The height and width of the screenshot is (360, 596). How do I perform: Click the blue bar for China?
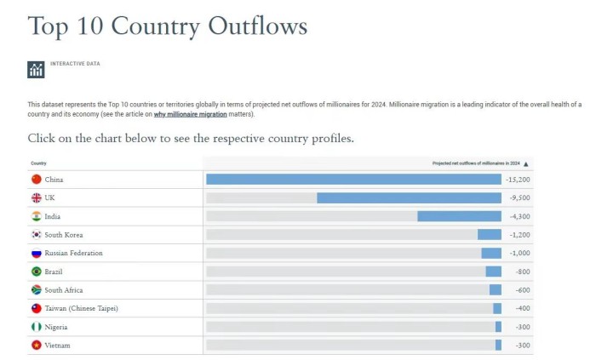click(353, 180)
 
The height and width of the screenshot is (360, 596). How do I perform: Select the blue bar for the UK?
click(409, 197)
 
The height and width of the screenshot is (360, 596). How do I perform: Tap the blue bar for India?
click(459, 216)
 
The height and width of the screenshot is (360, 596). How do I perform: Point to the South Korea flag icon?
click(36, 235)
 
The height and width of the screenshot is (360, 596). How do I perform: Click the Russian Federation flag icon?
click(36, 253)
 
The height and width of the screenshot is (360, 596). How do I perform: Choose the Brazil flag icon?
click(36, 271)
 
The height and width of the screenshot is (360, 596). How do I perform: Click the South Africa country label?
click(64, 290)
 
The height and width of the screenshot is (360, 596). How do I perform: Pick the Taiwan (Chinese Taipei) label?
click(81, 308)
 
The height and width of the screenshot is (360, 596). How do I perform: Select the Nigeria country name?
click(56, 327)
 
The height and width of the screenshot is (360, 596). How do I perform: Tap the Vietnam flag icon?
click(36, 345)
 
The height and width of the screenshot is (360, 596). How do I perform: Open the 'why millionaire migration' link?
click(190, 114)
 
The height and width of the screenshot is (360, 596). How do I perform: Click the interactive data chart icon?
click(36, 70)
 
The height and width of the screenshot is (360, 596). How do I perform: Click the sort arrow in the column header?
click(526, 163)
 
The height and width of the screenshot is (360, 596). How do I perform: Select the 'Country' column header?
click(38, 163)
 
